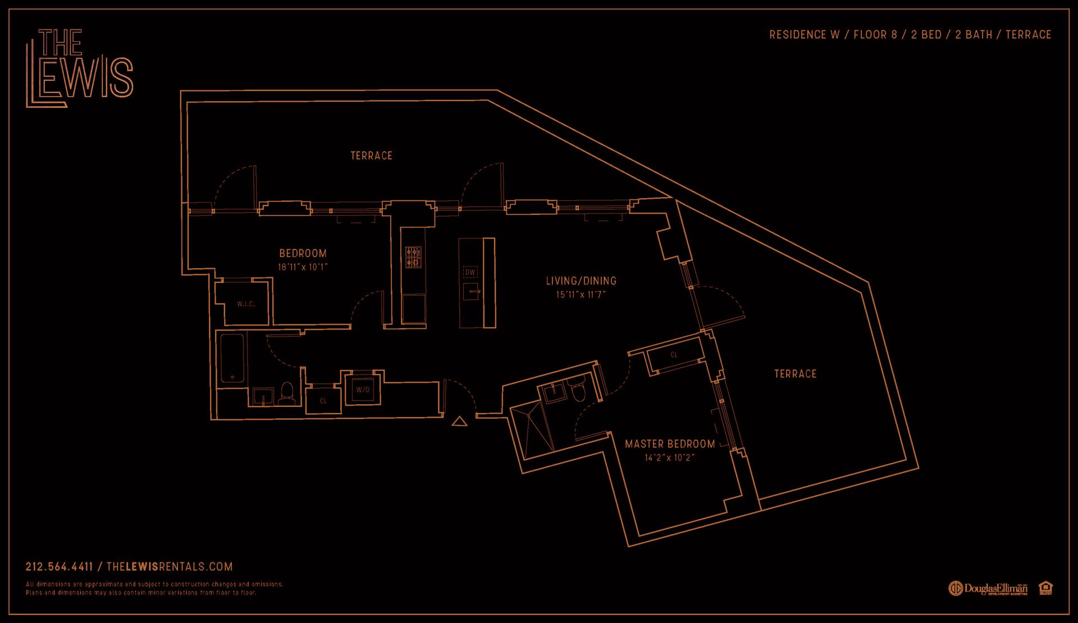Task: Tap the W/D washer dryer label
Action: click(363, 390)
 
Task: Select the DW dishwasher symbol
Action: click(471, 272)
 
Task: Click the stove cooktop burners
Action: click(413, 256)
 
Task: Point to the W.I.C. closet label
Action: click(246, 304)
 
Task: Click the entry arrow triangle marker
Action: click(460, 421)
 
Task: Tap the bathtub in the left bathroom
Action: click(231, 358)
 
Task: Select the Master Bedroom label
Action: click(670, 444)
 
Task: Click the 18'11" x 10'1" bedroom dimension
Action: click(303, 267)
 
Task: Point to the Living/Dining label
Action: click(581, 281)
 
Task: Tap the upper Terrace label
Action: click(372, 155)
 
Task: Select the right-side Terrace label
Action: click(795, 374)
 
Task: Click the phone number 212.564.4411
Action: click(59, 567)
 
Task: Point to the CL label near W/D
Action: click(323, 401)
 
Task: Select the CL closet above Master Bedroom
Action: click(674, 355)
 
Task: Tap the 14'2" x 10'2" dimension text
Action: click(670, 457)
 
